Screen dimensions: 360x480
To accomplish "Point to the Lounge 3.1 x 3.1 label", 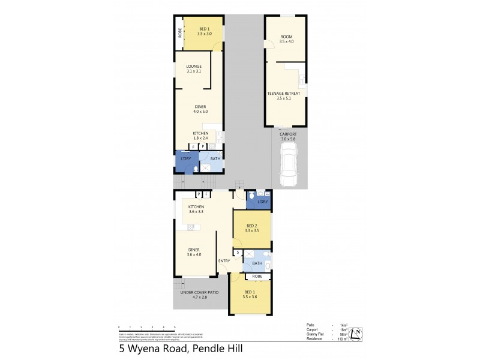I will tap(193, 68).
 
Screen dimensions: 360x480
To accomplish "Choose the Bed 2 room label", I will tap(251, 227).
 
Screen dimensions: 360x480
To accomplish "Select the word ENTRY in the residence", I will tap(224, 260).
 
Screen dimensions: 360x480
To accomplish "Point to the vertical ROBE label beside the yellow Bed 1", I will tap(179, 34).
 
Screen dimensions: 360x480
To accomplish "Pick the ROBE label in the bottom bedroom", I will tap(257, 277).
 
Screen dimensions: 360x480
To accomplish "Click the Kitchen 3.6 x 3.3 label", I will tap(196, 209).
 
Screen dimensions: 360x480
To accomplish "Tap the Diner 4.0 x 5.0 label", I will tap(200, 109).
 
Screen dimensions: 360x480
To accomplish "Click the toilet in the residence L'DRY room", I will tap(251, 194).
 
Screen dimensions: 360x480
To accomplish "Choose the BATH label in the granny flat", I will tap(215, 158).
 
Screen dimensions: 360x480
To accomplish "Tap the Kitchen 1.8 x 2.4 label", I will tap(200, 136).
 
